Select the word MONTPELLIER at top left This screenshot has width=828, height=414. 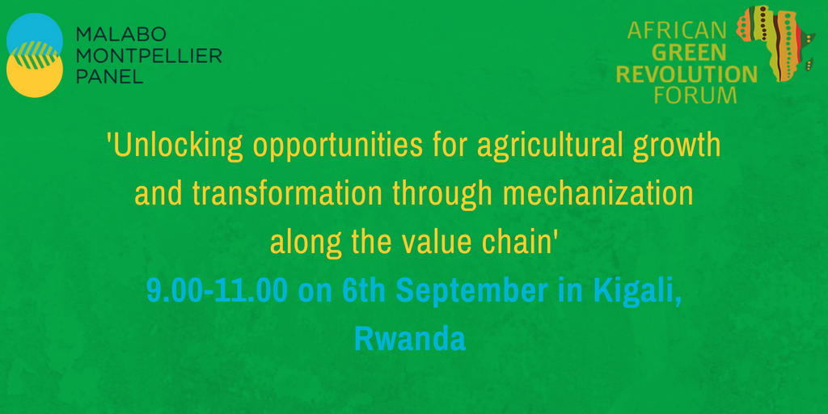pos(148,56)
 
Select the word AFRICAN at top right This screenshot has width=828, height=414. pos(677,32)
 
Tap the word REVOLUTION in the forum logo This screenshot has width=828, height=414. pos(686,74)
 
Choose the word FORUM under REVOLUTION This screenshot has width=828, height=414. pos(697,95)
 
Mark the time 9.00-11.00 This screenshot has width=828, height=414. pos(217,291)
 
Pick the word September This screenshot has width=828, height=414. pos(470,291)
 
